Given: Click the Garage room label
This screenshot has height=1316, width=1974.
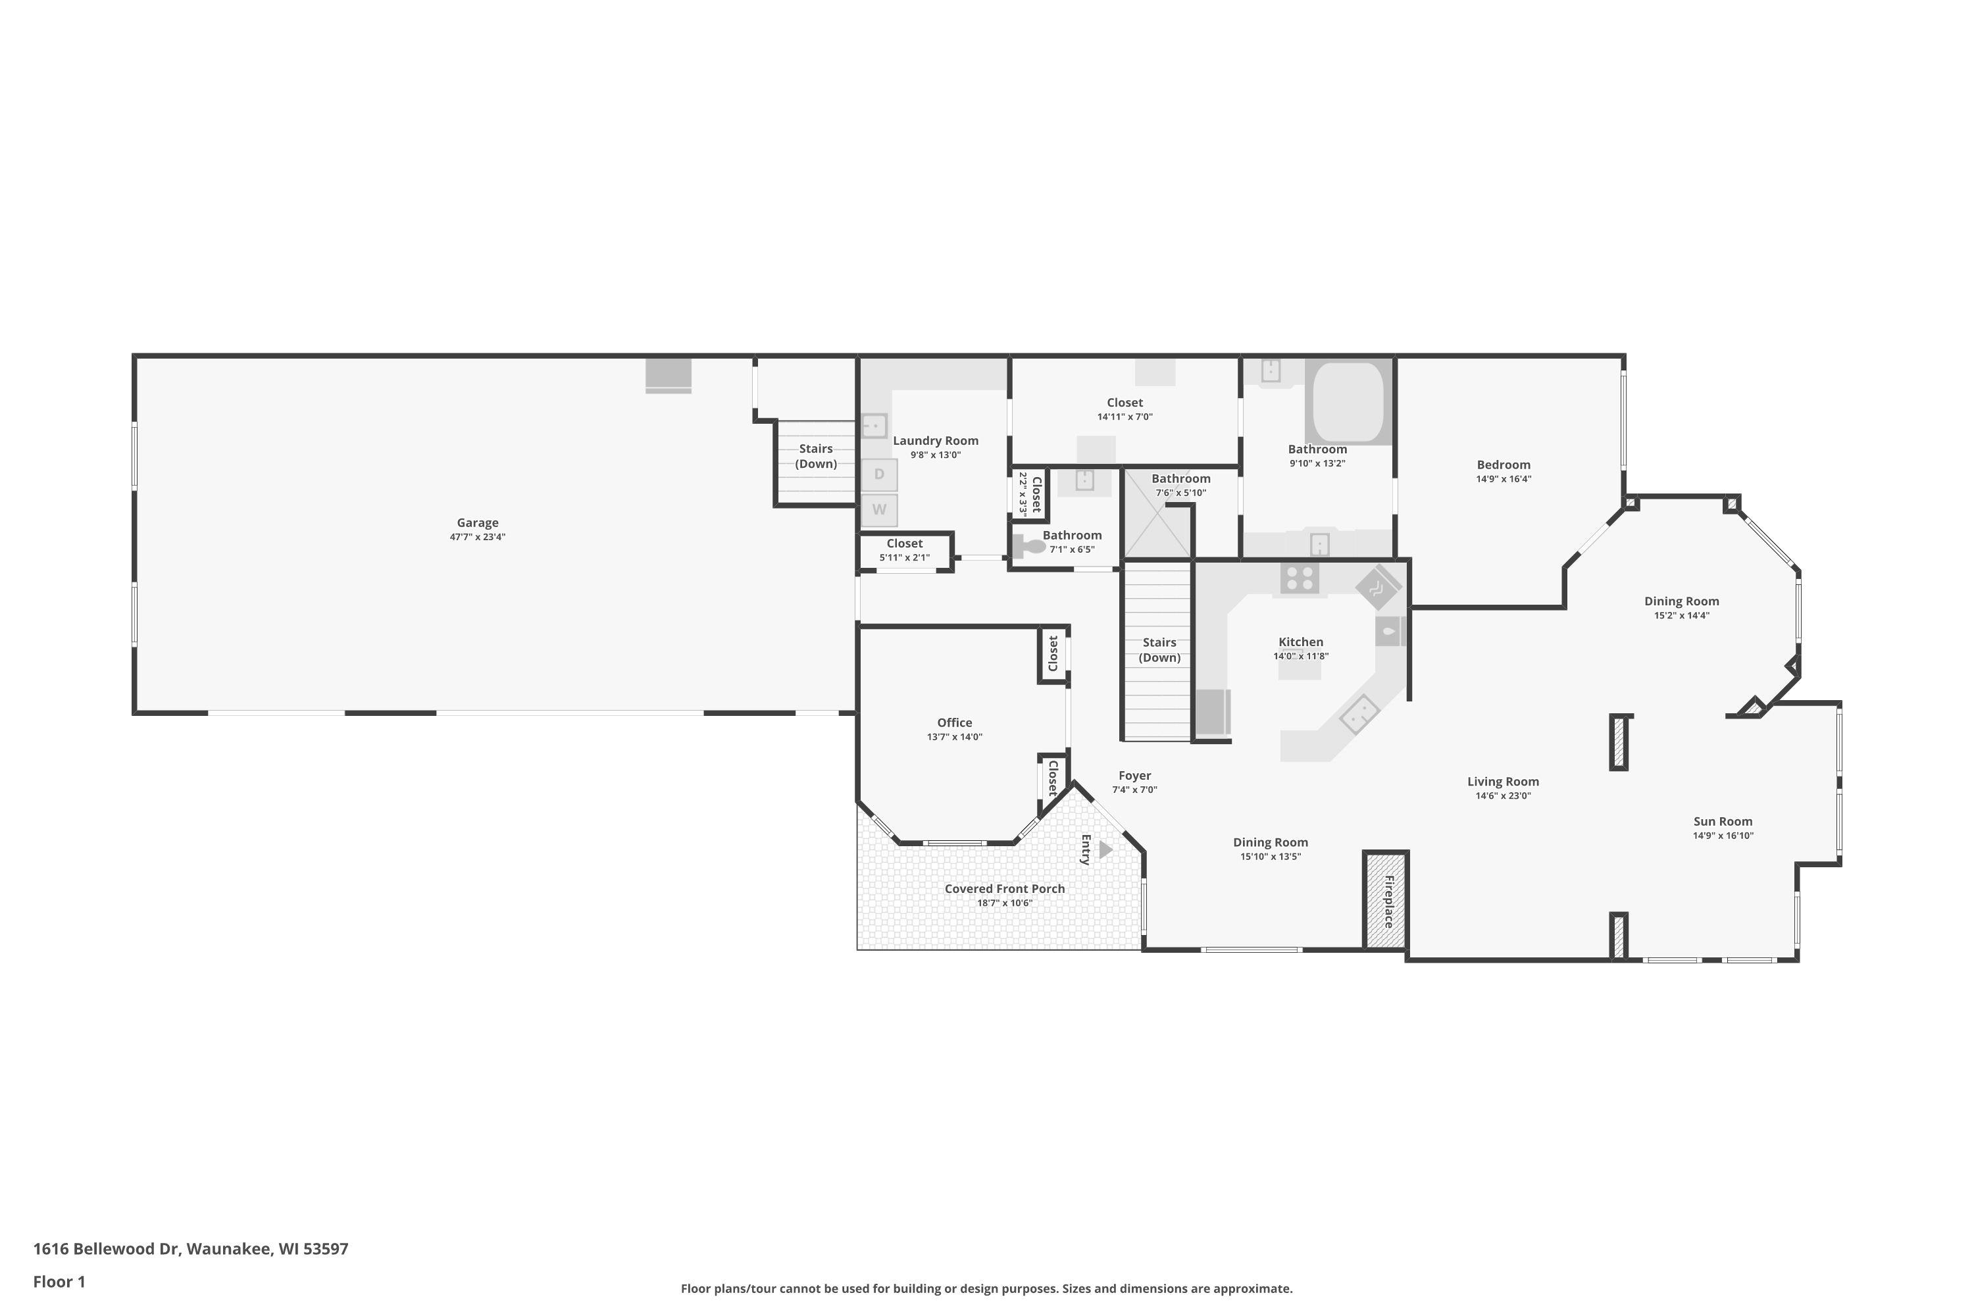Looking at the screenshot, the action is [x=478, y=523].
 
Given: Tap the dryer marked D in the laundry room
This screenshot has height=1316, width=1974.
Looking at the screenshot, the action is [x=878, y=474].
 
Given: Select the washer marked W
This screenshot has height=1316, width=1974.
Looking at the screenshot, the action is [x=878, y=509].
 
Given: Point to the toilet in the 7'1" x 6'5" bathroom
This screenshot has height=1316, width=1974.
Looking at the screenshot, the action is [x=1029, y=546].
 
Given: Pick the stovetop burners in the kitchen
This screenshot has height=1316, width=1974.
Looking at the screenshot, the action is [x=1299, y=578].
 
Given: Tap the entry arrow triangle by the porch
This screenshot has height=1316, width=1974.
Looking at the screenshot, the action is [x=1105, y=849].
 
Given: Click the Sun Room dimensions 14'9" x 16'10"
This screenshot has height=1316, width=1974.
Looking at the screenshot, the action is [x=1723, y=836].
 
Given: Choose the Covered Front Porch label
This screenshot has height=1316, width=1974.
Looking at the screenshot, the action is [x=1005, y=889].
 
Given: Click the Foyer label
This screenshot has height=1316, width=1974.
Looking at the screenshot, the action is [x=1134, y=776].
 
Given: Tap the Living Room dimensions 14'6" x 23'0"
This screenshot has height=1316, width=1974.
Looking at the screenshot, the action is [x=1503, y=796].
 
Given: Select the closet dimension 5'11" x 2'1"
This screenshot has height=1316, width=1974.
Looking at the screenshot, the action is [x=905, y=557].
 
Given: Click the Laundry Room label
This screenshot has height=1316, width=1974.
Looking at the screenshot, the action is [x=936, y=441].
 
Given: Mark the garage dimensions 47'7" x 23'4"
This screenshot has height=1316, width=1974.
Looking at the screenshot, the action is [x=478, y=537].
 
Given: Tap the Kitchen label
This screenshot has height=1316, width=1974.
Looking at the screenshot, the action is [x=1301, y=642].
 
